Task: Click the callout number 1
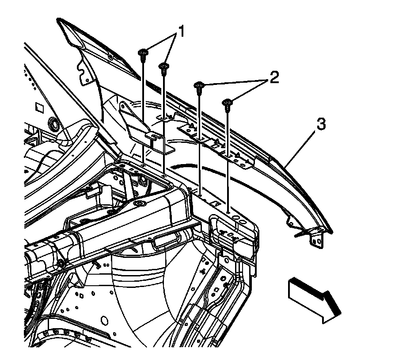pyautogui.click(x=180, y=32)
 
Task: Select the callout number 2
pyautogui.click(x=274, y=78)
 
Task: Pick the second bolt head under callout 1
pyautogui.click(x=163, y=66)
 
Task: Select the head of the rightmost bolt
pyautogui.click(x=228, y=103)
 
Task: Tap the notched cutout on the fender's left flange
pyautogui.click(x=82, y=70)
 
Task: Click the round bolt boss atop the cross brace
pyautogui.click(x=140, y=204)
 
